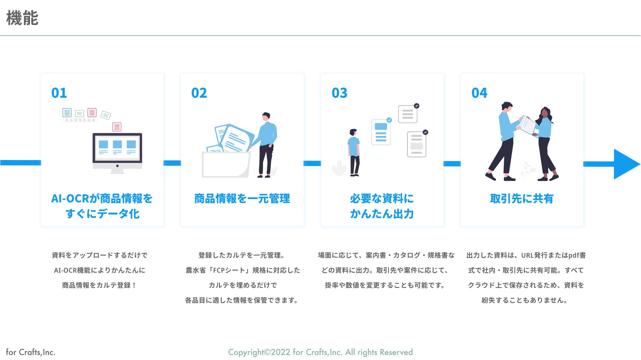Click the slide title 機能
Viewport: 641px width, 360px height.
(x=22, y=18)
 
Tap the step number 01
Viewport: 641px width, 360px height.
(x=59, y=93)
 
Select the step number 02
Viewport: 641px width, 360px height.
(x=199, y=93)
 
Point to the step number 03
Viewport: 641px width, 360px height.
(x=339, y=93)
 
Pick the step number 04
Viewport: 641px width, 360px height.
(x=479, y=93)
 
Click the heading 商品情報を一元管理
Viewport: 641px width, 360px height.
(x=242, y=199)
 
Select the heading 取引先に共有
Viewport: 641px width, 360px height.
(x=522, y=199)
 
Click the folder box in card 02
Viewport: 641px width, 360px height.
(x=226, y=164)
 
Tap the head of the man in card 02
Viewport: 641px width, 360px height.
(x=266, y=117)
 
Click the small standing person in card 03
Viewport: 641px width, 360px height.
(x=354, y=152)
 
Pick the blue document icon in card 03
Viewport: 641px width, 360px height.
(x=381, y=132)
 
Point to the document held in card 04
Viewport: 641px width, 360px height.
(x=528, y=125)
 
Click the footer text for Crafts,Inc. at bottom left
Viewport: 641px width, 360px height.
(x=31, y=352)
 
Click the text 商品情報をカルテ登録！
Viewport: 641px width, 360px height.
(x=99, y=285)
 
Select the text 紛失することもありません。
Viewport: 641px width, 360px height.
(x=525, y=300)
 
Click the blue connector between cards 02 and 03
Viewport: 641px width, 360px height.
(x=312, y=163)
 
